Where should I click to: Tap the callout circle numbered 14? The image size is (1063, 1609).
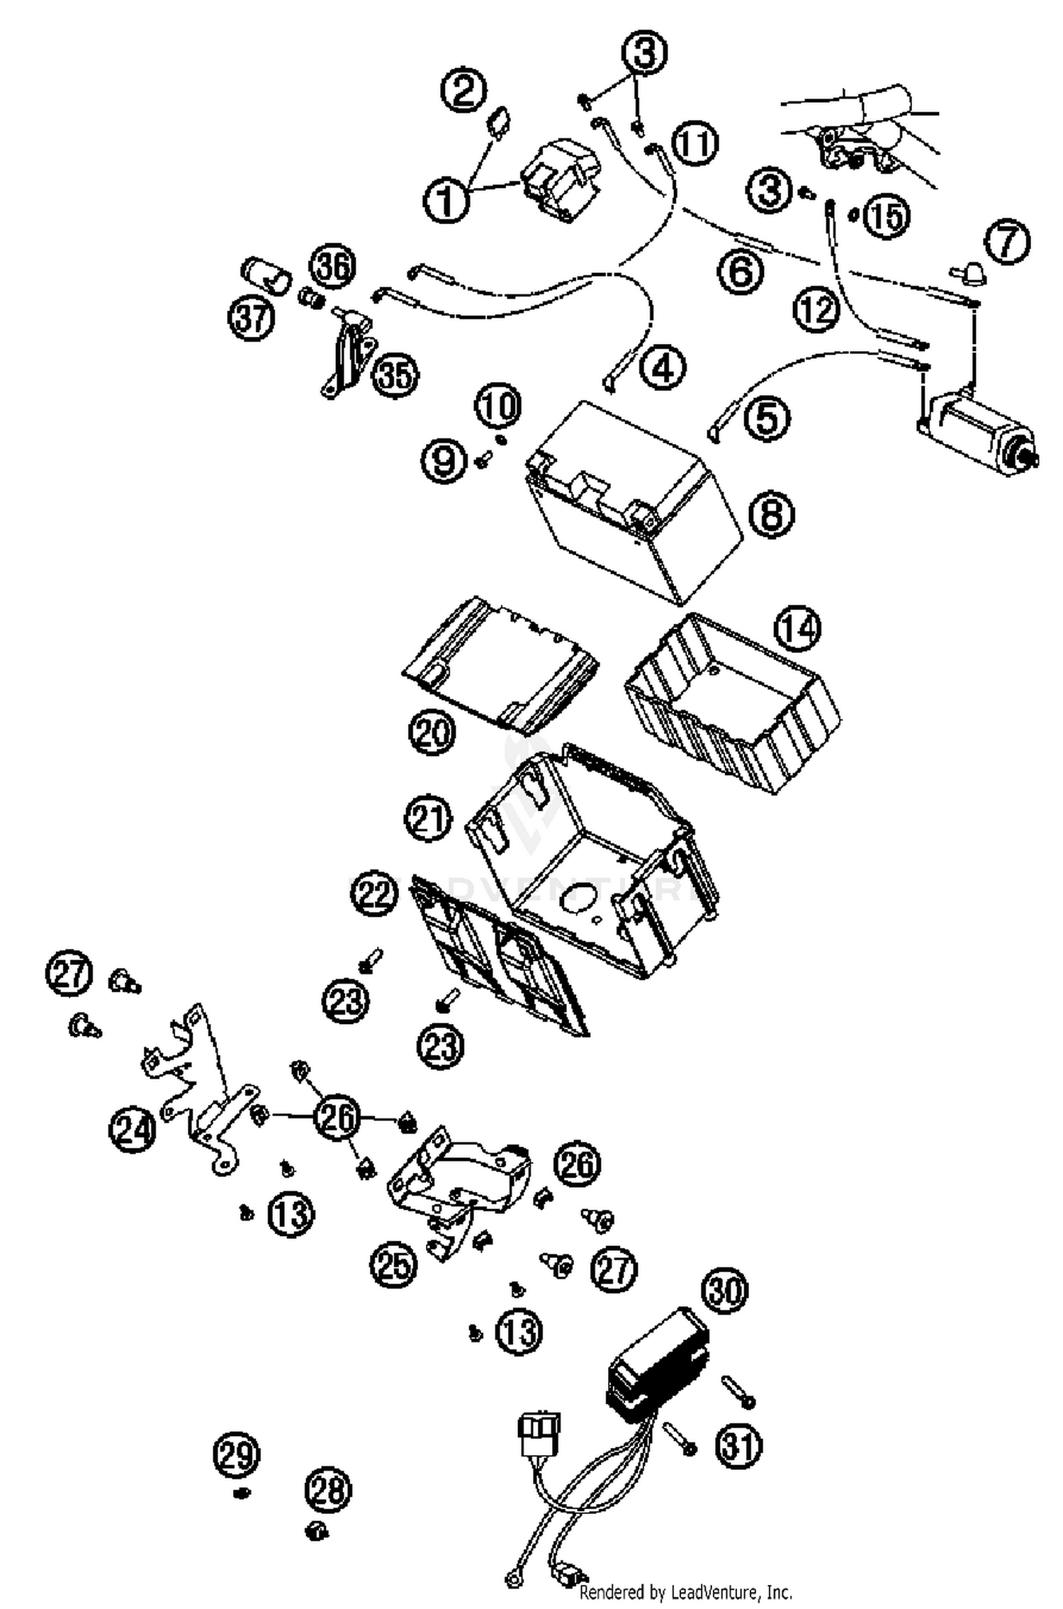point(798,629)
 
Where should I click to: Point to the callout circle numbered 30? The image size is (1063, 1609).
point(725,1291)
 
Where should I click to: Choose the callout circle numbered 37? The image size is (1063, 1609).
point(251,319)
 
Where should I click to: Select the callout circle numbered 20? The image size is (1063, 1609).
point(432,732)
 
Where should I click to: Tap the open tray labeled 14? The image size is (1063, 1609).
point(733,702)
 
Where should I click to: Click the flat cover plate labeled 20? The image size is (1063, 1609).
point(500,663)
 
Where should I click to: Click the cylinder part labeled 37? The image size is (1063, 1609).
point(268,277)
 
